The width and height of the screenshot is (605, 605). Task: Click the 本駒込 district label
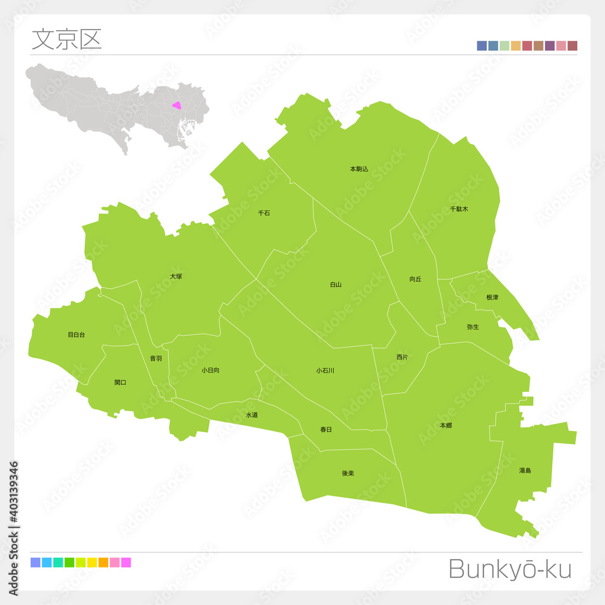359,169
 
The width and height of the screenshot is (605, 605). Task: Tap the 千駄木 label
459,209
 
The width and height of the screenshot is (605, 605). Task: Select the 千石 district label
264,213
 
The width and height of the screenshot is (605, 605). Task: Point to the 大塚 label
175,276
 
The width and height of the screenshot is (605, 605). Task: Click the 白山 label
336,284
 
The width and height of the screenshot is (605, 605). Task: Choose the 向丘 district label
415,279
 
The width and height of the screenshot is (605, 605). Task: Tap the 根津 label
492,298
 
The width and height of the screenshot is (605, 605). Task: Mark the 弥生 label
473,327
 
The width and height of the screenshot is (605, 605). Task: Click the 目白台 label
76,335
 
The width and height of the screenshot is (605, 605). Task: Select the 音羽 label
155,359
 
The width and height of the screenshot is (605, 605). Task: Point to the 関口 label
120,382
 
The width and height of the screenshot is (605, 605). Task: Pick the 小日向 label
211,370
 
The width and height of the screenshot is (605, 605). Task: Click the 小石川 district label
325,371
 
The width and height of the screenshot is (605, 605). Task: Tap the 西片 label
402,357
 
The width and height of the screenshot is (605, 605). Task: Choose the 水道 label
252,415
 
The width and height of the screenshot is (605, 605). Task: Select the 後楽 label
347,473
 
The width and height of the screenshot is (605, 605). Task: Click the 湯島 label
525,470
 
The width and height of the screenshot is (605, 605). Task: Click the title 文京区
67,39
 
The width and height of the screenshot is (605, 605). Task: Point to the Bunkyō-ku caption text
509,569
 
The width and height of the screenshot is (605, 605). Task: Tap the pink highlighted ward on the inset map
177,105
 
